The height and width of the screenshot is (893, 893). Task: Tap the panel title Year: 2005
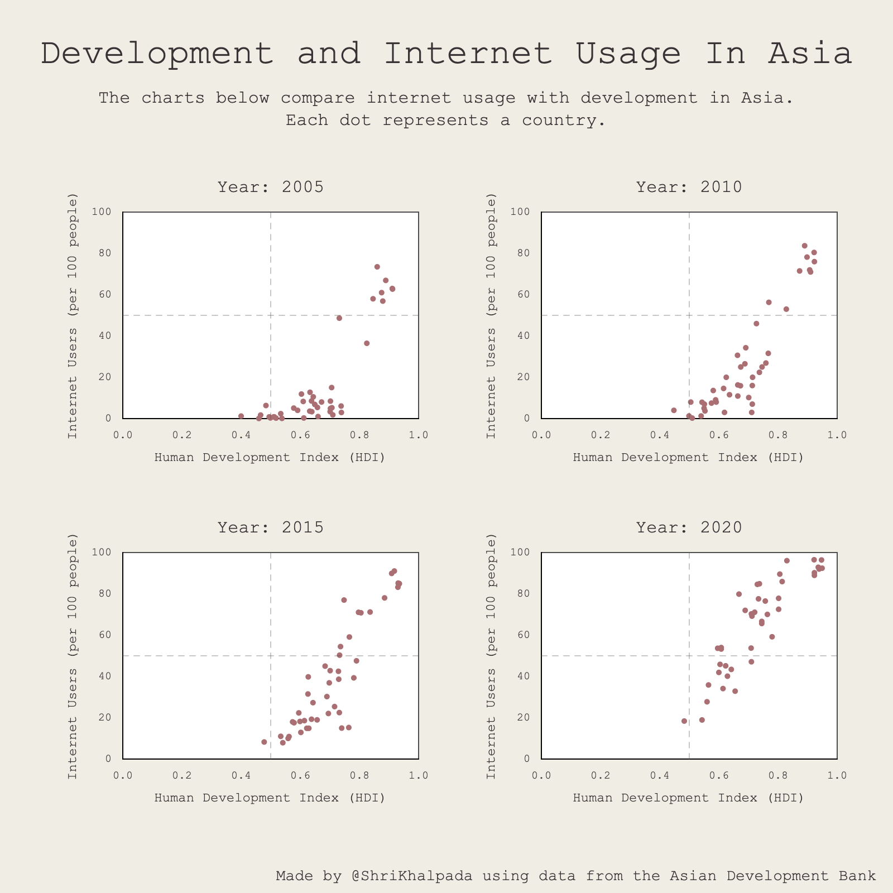tap(271, 187)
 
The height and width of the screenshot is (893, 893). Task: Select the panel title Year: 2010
tap(689, 187)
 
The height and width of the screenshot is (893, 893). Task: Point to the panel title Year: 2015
tap(271, 527)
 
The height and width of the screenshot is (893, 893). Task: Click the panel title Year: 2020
tap(689, 527)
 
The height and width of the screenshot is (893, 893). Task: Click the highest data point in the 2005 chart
tap(377, 267)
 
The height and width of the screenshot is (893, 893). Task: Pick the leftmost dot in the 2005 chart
tap(241, 416)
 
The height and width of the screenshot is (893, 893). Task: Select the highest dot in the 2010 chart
tap(804, 246)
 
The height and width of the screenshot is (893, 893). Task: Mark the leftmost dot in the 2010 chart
tap(674, 410)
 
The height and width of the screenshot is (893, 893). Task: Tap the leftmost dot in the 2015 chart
tap(264, 742)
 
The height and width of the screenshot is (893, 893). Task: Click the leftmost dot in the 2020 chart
tap(684, 721)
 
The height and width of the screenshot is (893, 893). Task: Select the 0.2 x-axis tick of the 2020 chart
tap(601, 776)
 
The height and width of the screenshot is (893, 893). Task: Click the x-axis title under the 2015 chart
tap(270, 798)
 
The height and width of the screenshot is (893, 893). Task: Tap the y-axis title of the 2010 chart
tap(491, 315)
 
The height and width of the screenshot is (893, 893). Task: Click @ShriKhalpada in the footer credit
tap(412, 876)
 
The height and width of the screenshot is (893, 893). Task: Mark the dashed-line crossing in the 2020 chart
tap(689, 656)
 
